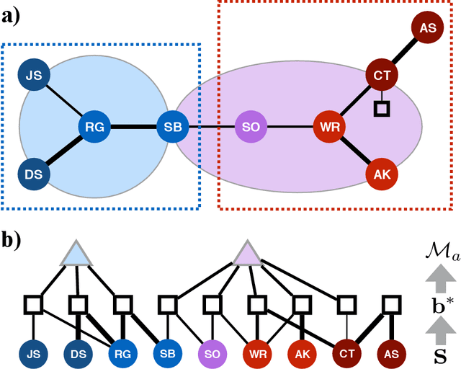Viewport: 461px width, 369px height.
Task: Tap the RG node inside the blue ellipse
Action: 95,128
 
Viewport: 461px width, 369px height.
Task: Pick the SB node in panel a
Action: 173,128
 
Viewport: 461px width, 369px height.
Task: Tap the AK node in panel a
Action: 382,174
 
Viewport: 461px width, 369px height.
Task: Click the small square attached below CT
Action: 381,109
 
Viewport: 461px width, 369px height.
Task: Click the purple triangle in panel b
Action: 249,254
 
